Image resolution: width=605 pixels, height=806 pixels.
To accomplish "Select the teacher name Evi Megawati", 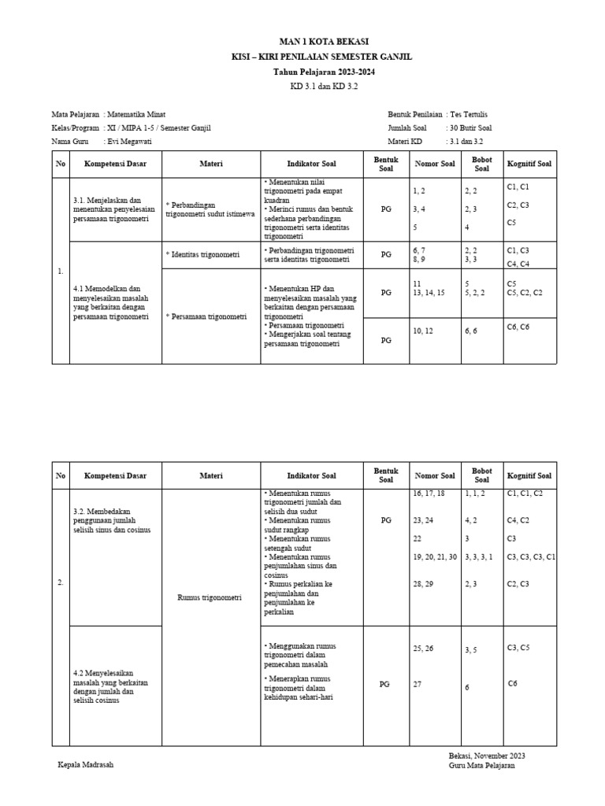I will coord(129,141).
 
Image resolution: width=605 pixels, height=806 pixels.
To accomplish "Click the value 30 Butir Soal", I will coord(470,128).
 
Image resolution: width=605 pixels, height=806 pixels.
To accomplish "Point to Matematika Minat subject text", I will coord(136,114).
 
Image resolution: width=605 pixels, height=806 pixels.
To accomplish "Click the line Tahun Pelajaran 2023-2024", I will coord(324,72).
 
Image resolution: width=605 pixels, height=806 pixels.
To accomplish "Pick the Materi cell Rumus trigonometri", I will coord(210,597).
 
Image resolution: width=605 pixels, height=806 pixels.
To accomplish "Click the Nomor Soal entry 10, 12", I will coord(423,331).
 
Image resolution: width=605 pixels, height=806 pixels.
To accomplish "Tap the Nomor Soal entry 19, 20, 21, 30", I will coord(435,557).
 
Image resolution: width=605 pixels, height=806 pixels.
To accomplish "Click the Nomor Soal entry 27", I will coord(418,685).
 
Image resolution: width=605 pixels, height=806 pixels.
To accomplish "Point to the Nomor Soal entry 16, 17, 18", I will coord(429,493).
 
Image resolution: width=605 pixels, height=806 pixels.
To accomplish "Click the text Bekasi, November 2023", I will coord(487,756).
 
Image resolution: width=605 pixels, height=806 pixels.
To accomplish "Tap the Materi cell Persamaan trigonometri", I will coord(207,316).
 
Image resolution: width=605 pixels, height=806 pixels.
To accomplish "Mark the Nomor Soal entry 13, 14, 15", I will coord(429,292).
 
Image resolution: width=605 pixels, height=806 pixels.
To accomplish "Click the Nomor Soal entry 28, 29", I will coord(423,583).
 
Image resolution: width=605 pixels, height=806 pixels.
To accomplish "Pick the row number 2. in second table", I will coord(61,582).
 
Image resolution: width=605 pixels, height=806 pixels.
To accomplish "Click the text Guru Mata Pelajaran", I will coord(482,766).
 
